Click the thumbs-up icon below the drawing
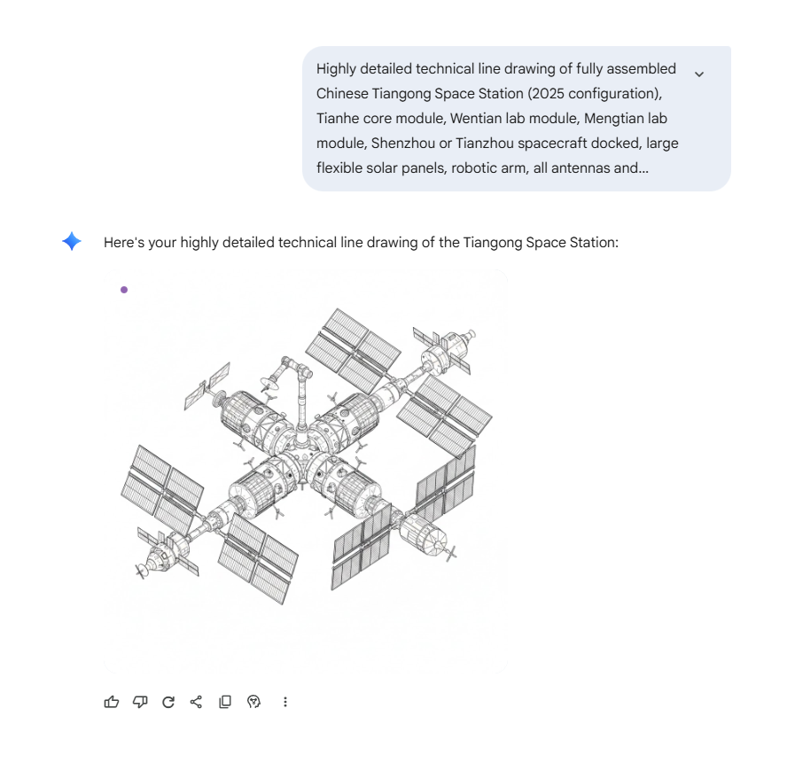[x=112, y=702]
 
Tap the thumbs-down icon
[x=140, y=702]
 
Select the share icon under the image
[x=196, y=702]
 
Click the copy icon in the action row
[x=225, y=702]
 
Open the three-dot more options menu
[x=285, y=702]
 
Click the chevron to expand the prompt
[x=699, y=74]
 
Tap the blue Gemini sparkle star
[x=72, y=241]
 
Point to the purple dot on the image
[x=124, y=290]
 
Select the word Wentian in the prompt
[x=474, y=118]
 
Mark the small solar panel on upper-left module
[x=207, y=386]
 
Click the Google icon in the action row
[x=253, y=702]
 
